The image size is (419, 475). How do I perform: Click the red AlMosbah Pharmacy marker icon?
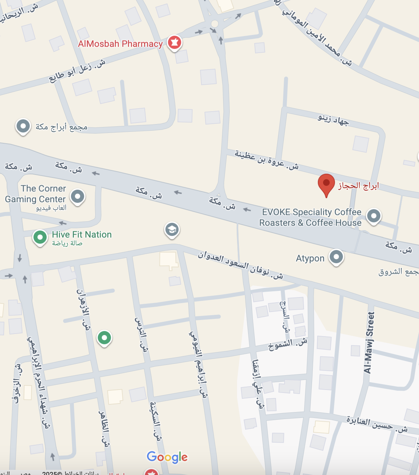coord(175,43)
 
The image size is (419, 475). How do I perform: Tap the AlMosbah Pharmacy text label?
coord(120,44)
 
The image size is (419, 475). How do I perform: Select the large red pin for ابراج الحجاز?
coord(326,184)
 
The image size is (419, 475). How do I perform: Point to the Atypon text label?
coord(310,258)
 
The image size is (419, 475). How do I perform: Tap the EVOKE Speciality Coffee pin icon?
coord(374,215)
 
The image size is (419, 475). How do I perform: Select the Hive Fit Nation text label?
coord(82,235)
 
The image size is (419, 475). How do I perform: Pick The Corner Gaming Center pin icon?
coord(78,196)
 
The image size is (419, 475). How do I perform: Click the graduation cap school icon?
coord(172,229)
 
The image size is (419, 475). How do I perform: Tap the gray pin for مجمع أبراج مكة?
coord(23,126)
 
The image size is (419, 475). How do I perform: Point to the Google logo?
coord(167,457)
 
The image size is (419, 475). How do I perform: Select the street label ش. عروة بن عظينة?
coord(267,160)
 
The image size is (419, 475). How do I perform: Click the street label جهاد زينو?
coord(333,120)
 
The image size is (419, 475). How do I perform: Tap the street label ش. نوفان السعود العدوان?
coord(240,265)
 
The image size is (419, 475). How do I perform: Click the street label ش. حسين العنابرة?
coord(377,425)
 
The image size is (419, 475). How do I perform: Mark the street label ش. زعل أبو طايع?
coord(77,71)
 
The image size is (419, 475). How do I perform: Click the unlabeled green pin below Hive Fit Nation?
coord(104,337)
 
